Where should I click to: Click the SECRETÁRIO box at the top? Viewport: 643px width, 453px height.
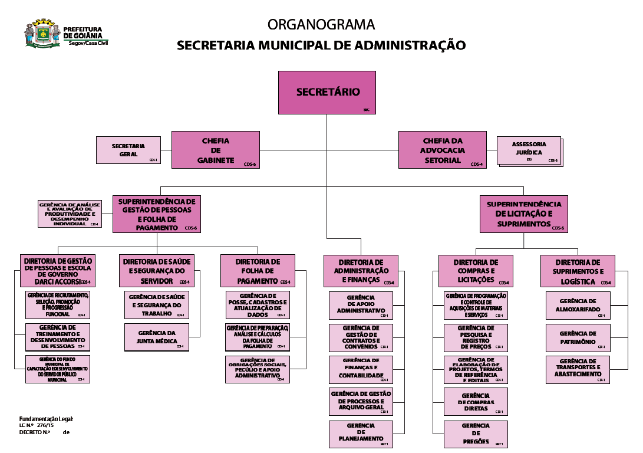click(x=327, y=92)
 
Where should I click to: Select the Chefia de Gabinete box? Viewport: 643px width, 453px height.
click(x=215, y=150)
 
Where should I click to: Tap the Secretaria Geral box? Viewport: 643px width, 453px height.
click(x=128, y=150)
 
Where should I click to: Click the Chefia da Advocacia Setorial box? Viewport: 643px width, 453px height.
click(x=442, y=150)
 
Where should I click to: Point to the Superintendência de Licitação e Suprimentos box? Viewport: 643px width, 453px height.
click(x=523, y=214)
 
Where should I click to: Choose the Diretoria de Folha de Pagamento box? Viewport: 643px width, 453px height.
click(x=257, y=271)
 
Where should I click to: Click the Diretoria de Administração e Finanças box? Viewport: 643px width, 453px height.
click(x=361, y=271)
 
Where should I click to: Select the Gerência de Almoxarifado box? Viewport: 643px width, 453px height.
click(x=578, y=306)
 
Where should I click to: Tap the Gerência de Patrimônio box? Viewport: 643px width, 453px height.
click(x=578, y=338)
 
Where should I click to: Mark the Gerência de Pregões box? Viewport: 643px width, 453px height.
click(x=476, y=434)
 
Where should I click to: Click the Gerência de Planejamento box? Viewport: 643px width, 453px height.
click(x=361, y=434)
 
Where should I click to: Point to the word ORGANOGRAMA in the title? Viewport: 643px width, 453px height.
click(x=321, y=25)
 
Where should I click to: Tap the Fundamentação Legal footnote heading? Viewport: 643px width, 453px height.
click(x=46, y=418)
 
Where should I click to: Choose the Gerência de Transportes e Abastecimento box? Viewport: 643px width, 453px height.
click(x=578, y=370)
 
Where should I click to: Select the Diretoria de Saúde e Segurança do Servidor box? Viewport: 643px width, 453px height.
click(x=156, y=271)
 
